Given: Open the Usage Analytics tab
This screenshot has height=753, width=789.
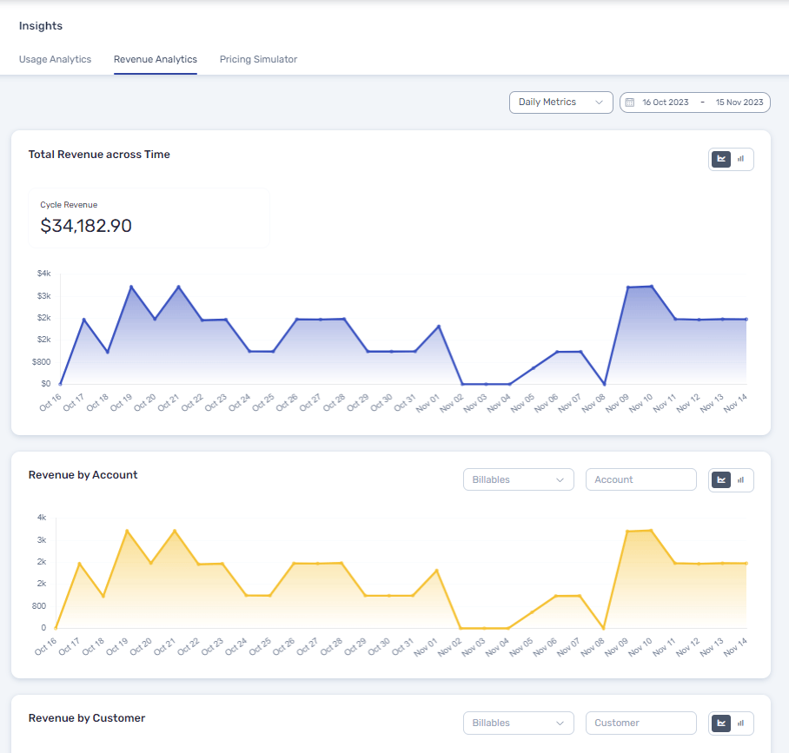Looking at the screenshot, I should tap(55, 59).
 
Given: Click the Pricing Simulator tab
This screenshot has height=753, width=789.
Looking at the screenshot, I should tap(258, 59).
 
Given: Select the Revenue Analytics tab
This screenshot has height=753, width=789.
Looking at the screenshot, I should tap(156, 59).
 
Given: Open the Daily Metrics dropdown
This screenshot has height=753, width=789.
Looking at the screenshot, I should tap(560, 102).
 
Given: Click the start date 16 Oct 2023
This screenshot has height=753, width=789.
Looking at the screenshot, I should tap(665, 102).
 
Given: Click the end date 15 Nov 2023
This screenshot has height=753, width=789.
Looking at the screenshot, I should tap(739, 102).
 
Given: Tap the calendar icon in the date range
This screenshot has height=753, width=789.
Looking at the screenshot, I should tap(630, 102).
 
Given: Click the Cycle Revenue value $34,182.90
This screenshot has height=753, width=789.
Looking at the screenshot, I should tap(86, 226).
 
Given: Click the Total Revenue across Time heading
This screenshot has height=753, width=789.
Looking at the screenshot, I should tap(99, 155).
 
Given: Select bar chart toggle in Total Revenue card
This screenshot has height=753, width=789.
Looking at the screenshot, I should tap(741, 159).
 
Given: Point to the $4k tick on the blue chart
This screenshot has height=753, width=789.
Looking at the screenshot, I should tap(43, 274).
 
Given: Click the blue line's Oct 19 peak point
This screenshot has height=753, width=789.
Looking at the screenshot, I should tap(131, 287).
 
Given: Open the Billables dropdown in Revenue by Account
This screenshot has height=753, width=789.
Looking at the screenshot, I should tap(518, 479).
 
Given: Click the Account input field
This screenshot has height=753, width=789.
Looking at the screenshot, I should tap(640, 479).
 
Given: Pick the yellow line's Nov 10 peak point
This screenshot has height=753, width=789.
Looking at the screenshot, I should tap(651, 530).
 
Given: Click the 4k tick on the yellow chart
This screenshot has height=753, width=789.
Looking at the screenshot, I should tap(42, 518).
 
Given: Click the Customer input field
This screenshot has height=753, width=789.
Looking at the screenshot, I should tap(640, 723).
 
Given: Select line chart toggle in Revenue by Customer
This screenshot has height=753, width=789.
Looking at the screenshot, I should tap(721, 723).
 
